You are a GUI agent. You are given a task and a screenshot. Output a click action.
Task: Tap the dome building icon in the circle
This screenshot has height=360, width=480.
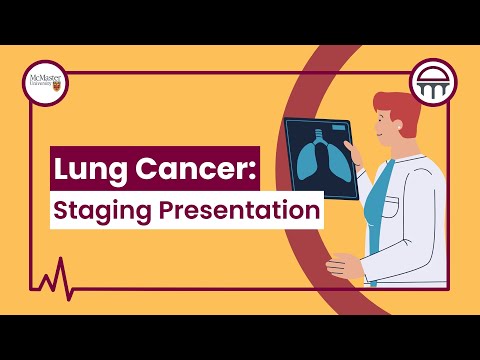point(433,83)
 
